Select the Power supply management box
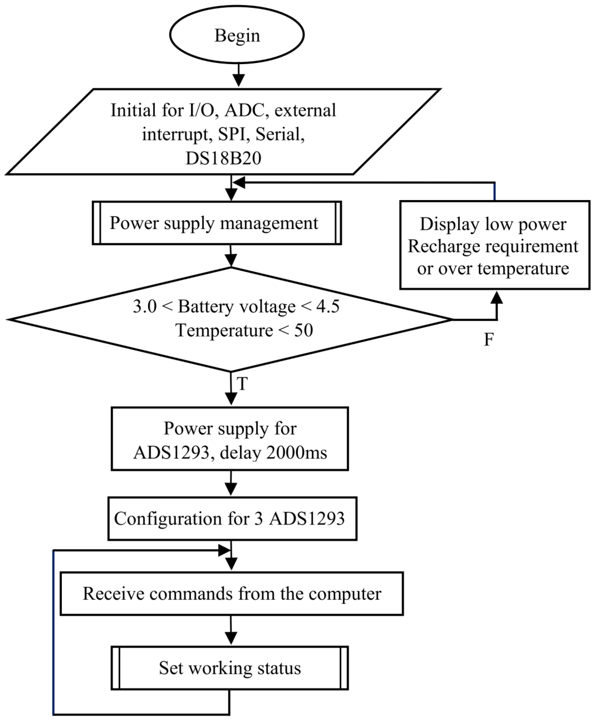pos(217,223)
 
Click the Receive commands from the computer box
pos(232,593)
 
